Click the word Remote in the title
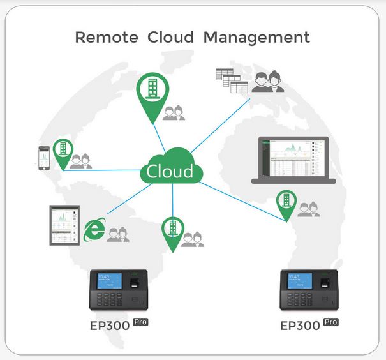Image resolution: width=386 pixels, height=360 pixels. coord(107,38)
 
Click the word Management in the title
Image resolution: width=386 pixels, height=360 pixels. coord(256,38)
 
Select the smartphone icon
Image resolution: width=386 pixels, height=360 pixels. coord(44,158)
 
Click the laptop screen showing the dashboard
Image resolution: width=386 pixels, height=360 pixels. coord(293,158)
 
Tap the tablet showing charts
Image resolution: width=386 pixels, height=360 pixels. coord(64,225)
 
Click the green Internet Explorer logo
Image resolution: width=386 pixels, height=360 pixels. coord(94,230)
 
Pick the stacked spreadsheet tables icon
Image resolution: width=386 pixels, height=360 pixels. coord(232,81)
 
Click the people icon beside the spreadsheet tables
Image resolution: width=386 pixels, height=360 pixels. coord(268,82)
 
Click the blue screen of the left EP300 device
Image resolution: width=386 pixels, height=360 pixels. coord(110,281)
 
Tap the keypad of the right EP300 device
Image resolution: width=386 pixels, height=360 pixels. coord(299,299)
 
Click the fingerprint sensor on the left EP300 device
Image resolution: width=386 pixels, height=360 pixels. coord(135,282)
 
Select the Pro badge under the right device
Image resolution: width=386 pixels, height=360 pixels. coord(331,322)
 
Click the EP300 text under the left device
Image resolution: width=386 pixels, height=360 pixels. coord(110,326)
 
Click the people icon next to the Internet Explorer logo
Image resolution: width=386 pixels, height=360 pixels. coord(118,234)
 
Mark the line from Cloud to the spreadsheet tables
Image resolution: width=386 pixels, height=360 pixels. coord(220,126)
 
